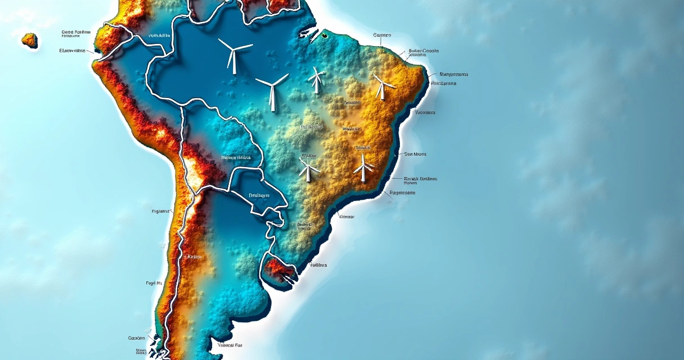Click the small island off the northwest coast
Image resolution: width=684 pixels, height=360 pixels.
pos(30,40)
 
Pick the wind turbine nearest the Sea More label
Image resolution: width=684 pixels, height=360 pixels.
pos(364,166)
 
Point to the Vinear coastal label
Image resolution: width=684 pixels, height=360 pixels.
pos(346,216)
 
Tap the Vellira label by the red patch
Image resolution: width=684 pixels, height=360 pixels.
pos(318,264)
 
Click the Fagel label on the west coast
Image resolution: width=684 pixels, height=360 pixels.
pos(154,283)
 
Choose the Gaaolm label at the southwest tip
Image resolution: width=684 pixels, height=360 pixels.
pos(137,338)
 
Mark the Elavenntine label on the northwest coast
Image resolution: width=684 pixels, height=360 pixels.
pos(73,51)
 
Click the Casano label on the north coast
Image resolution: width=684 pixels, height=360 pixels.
pos(382,35)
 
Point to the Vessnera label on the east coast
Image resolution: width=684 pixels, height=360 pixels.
pos(425,112)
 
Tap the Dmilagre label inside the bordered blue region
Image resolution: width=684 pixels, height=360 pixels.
pos(259,195)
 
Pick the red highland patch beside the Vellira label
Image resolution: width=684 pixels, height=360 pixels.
pos(280,271)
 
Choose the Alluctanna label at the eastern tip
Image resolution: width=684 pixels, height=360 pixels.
pos(443,83)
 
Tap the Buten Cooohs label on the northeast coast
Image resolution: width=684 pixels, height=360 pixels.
pos(424,51)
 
